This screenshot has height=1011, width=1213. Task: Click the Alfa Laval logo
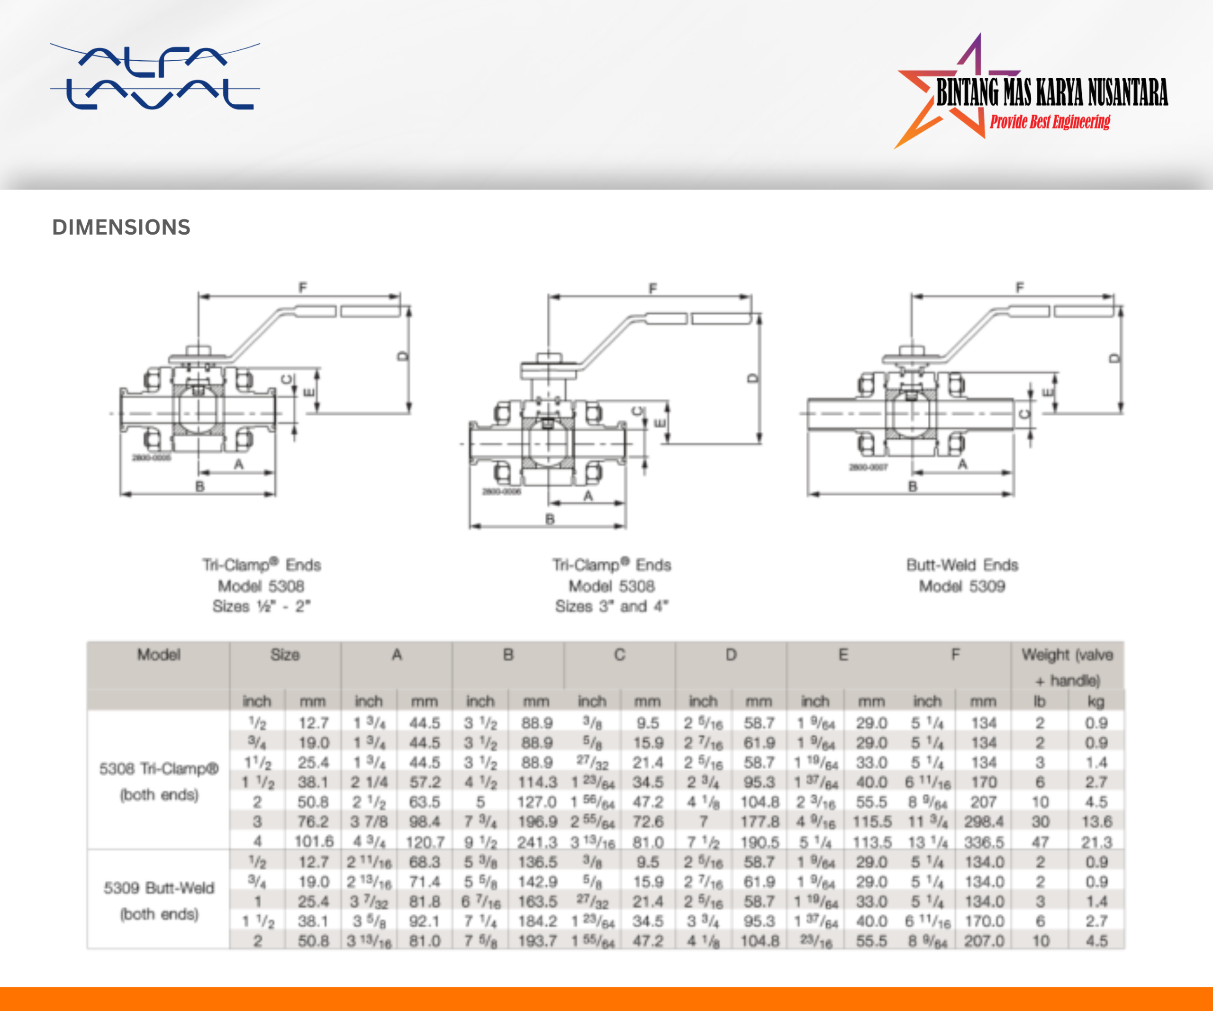(x=155, y=76)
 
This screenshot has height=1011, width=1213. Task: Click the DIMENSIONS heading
(x=121, y=227)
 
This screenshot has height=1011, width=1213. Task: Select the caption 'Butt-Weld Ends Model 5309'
(x=962, y=575)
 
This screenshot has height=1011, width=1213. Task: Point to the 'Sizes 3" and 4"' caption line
(x=612, y=606)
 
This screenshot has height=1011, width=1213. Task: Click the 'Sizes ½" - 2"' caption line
(x=261, y=606)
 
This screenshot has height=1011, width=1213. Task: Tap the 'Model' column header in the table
(x=158, y=655)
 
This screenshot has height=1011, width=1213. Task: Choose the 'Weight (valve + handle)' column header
(x=1067, y=667)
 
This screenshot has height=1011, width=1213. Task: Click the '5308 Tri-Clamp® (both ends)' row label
(x=158, y=781)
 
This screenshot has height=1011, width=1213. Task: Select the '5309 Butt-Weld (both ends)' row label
(x=158, y=901)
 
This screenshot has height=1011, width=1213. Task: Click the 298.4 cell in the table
(x=983, y=821)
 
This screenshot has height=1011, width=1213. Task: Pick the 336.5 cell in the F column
(x=983, y=842)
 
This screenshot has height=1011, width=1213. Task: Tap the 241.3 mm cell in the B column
(x=536, y=842)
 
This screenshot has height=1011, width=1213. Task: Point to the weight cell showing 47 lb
(x=1040, y=842)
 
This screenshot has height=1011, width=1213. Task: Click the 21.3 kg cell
(x=1096, y=842)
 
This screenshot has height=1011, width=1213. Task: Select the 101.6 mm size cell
(x=314, y=842)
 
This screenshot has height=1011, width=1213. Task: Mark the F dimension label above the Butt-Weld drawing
(x=1020, y=287)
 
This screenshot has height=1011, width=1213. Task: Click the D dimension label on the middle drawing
(x=752, y=378)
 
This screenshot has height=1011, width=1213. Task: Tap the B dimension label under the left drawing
(x=200, y=486)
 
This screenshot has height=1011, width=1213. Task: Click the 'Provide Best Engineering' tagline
(x=1050, y=122)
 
